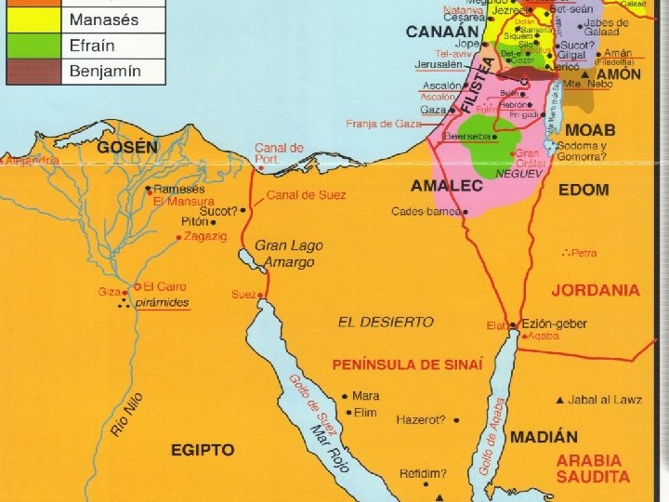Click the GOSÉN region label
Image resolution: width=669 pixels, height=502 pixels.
click(x=127, y=147)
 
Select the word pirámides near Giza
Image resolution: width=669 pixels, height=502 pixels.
click(x=163, y=302)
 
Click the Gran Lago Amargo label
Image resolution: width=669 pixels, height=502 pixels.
click(x=289, y=254)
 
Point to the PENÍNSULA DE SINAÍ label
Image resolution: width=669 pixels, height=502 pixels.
click(x=408, y=364)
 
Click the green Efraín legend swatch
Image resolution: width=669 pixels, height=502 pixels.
click(x=34, y=45)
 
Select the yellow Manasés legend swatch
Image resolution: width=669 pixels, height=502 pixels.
click(x=34, y=19)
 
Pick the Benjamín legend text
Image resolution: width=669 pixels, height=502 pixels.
click(x=106, y=72)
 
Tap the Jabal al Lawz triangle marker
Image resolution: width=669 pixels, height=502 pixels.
click(x=559, y=401)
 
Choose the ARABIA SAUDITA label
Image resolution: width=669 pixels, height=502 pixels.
click(x=593, y=469)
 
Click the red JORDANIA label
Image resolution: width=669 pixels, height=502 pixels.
click(x=596, y=290)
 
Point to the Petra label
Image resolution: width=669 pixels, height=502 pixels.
click(x=585, y=253)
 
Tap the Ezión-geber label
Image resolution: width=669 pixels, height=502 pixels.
click(x=555, y=324)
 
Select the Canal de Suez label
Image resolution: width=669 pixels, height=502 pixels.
click(x=306, y=195)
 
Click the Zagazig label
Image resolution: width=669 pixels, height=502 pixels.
click(x=205, y=237)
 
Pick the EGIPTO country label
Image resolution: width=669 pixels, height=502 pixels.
click(x=202, y=450)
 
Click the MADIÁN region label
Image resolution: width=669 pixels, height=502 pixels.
click(x=544, y=436)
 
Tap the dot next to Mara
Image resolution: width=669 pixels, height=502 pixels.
click(x=345, y=396)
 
